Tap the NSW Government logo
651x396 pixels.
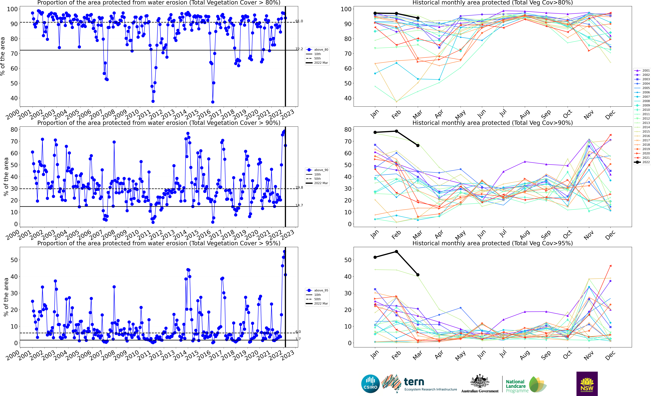587,384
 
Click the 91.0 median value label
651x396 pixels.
299,21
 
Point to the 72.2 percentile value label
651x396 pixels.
299,49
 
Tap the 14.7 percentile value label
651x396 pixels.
299,205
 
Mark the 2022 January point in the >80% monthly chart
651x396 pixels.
375,13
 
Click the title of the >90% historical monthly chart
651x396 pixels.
493,123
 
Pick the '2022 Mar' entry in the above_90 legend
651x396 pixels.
321,183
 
